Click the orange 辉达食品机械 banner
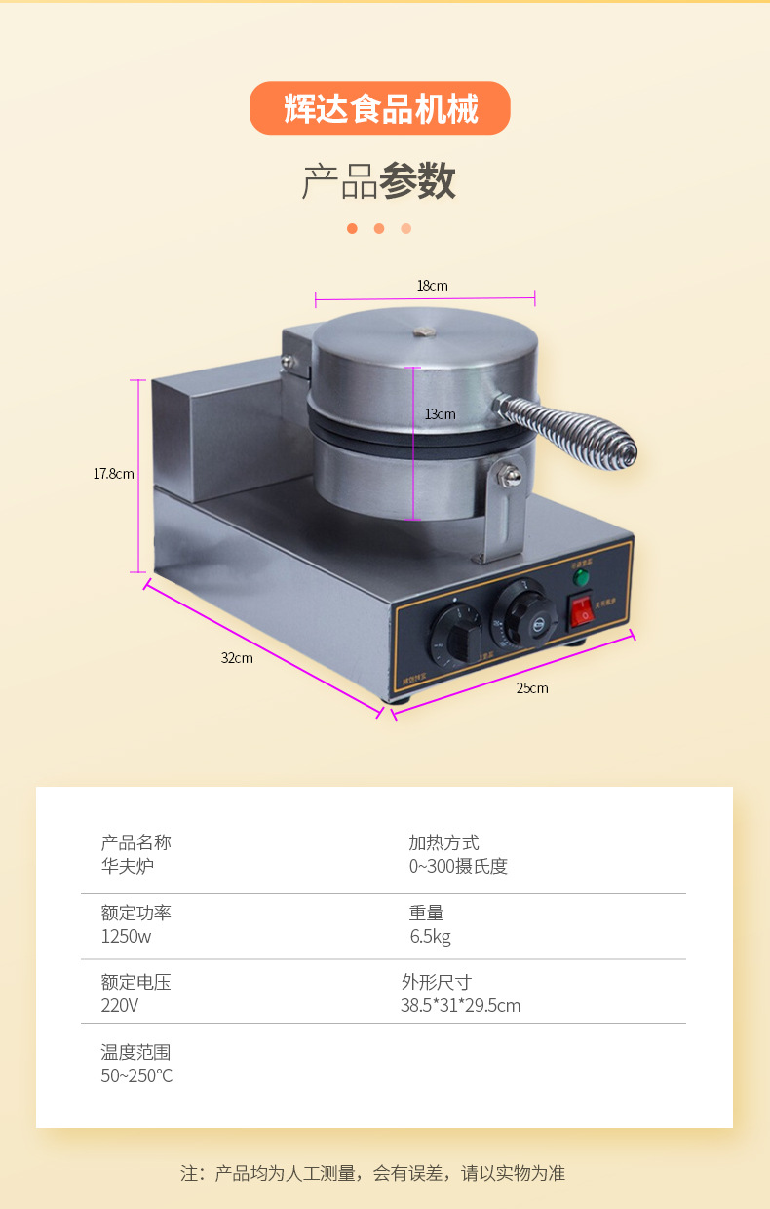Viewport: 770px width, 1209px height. click(380, 108)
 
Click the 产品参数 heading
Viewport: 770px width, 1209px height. click(379, 181)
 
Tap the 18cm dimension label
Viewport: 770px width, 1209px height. click(432, 286)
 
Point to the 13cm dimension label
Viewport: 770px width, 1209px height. click(440, 414)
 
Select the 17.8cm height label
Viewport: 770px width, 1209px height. click(114, 474)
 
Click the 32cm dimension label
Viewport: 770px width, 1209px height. click(236, 658)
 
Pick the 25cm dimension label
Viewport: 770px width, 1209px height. click(532, 688)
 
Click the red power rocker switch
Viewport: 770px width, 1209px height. click(581, 610)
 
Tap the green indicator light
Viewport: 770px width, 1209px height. click(581, 577)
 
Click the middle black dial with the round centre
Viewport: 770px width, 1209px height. click(524, 616)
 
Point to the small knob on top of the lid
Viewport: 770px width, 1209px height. click(423, 331)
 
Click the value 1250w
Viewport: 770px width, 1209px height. click(127, 937)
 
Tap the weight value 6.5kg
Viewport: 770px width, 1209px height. click(430, 937)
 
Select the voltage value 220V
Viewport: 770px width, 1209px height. click(120, 1005)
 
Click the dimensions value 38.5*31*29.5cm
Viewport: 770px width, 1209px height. click(460, 1005)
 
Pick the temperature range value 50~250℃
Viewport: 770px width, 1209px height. click(136, 1075)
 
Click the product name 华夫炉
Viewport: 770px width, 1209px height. click(128, 866)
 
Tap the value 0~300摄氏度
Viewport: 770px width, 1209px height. click(458, 866)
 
